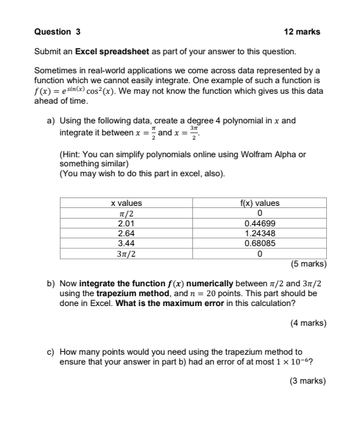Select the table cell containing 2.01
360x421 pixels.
pos(126,223)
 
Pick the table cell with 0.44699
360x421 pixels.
pos(261,223)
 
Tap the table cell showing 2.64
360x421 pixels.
pos(126,233)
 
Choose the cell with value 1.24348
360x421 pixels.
pos(261,233)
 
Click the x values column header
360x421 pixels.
pos(127,203)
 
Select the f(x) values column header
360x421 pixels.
pos(261,203)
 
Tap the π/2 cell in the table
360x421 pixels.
pos(127,213)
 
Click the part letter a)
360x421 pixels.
pos(51,121)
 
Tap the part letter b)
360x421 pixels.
pos(51,283)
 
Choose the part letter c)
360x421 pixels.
pos(51,350)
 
